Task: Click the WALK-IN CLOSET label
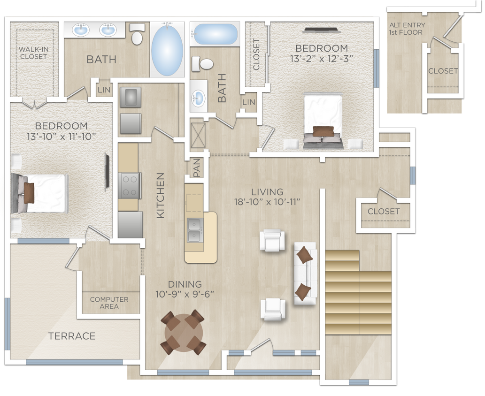click(33, 53)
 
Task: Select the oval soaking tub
click(167, 48)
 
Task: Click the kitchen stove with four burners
click(131, 185)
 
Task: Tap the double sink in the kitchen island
click(194, 229)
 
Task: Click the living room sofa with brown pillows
click(304, 273)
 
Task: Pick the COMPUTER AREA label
click(109, 303)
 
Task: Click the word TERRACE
click(72, 336)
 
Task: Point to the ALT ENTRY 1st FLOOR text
click(407, 29)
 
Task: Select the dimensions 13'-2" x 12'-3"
click(322, 58)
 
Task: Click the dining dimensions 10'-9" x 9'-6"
click(185, 294)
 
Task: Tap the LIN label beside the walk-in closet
click(103, 90)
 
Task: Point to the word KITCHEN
click(160, 195)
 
